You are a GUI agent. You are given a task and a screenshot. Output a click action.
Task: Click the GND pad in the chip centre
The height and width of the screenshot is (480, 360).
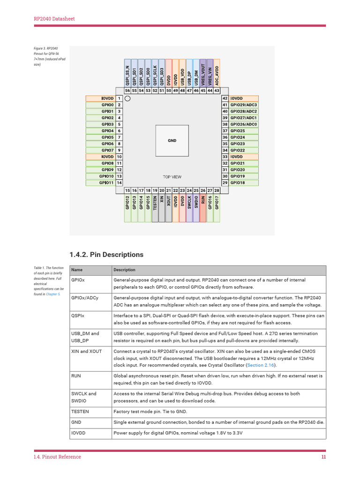click(x=172, y=140)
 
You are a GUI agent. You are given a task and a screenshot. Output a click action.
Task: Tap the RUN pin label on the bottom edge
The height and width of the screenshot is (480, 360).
click(x=203, y=202)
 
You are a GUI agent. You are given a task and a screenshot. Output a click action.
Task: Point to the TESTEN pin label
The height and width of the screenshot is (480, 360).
click(x=155, y=202)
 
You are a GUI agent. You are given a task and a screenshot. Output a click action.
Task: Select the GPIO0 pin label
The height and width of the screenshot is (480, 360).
click(x=107, y=105)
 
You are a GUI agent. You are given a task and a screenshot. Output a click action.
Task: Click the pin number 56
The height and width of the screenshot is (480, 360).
click(x=127, y=90)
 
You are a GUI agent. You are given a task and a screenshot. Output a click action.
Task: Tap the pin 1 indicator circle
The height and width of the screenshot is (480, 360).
click(x=128, y=98)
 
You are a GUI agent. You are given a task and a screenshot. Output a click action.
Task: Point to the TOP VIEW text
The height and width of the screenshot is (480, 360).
click(x=172, y=177)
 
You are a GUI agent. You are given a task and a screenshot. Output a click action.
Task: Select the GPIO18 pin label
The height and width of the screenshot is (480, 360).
click(x=237, y=183)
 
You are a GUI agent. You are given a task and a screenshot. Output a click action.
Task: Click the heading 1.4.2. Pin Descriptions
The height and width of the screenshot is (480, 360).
click(x=106, y=255)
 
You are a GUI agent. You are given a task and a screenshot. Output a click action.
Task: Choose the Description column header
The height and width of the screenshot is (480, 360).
click(x=124, y=270)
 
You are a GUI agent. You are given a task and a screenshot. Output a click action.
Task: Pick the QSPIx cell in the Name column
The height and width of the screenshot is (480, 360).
click(x=78, y=316)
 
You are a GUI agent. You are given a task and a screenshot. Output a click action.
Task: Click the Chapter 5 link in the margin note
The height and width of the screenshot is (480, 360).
click(x=53, y=294)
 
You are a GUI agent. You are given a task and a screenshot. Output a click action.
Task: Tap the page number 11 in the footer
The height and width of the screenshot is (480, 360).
click(x=323, y=457)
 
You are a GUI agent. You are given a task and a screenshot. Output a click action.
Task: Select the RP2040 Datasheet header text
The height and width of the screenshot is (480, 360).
click(x=54, y=19)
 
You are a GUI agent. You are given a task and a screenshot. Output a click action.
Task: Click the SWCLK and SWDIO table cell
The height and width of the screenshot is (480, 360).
click(x=84, y=397)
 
